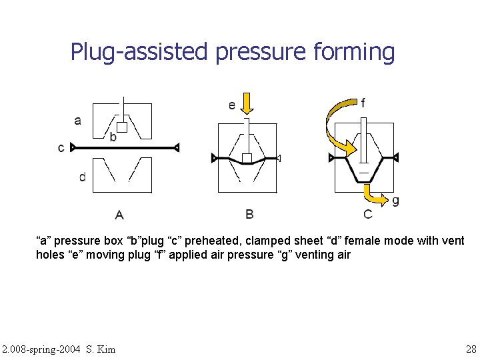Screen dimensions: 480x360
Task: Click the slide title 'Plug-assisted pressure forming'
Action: (x=233, y=51)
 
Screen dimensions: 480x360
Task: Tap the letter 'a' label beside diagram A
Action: (x=78, y=121)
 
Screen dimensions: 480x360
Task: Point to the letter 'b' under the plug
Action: (x=113, y=137)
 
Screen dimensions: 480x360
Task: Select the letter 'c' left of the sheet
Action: (x=61, y=147)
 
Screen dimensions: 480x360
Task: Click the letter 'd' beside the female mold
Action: (x=82, y=177)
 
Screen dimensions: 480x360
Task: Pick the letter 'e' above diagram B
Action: (x=231, y=105)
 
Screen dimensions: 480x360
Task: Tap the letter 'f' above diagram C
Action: (x=363, y=103)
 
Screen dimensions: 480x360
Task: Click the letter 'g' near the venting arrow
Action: (x=396, y=200)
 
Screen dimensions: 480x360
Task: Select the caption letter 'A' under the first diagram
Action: (x=119, y=215)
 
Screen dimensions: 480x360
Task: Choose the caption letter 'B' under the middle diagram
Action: (x=249, y=214)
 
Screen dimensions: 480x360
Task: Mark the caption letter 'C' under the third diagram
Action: (x=368, y=214)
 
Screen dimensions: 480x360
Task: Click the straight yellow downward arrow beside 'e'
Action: (x=247, y=104)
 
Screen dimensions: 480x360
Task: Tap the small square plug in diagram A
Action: (x=122, y=127)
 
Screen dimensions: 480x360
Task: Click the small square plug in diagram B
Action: (x=247, y=158)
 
